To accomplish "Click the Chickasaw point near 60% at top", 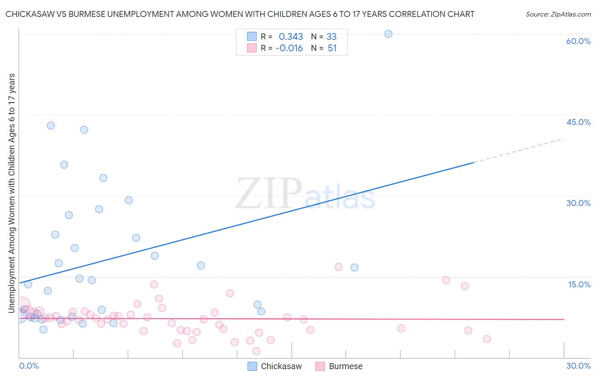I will tap(388, 34).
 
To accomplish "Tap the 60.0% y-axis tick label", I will tap(578, 41).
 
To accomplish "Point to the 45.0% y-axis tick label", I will tap(578, 122).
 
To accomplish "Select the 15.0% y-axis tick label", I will tap(579, 284).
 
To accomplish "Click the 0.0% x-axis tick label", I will tap(29, 366).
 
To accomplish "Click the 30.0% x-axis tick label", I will tap(578, 366).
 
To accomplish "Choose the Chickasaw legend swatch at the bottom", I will tap(252, 366).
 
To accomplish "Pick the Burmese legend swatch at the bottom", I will tap(320, 366).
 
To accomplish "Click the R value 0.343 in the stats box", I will tap(291, 36).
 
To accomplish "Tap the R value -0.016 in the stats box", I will tap(289, 48).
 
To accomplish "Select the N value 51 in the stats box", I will tap(332, 48).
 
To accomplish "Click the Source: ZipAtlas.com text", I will tap(558, 14).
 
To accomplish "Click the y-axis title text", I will tap(12, 193).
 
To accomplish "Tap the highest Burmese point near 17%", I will tap(338, 267).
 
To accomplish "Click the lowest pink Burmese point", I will tap(256, 351).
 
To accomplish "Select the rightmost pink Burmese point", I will tap(487, 339).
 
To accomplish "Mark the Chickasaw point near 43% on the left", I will tap(51, 125).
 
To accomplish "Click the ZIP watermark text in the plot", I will tap(268, 194).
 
